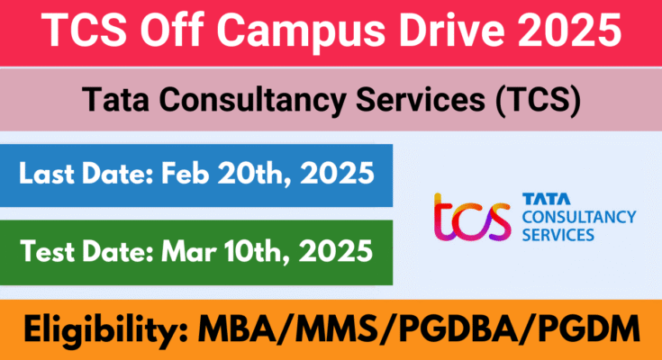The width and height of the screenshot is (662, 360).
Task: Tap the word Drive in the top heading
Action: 452,30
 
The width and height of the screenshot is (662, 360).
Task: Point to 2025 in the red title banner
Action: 569,30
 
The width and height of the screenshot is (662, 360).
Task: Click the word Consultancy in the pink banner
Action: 252,101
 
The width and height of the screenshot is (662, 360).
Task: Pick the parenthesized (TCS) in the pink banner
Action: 539,101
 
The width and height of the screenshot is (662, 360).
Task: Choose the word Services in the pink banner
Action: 421,100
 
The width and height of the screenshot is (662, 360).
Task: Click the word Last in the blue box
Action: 47,173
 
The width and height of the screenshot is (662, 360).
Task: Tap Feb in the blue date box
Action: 185,173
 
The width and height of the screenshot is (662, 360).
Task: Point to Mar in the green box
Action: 188,251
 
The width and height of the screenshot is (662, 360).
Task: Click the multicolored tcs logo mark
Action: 472,218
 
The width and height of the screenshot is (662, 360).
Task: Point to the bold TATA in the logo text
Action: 547,199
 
